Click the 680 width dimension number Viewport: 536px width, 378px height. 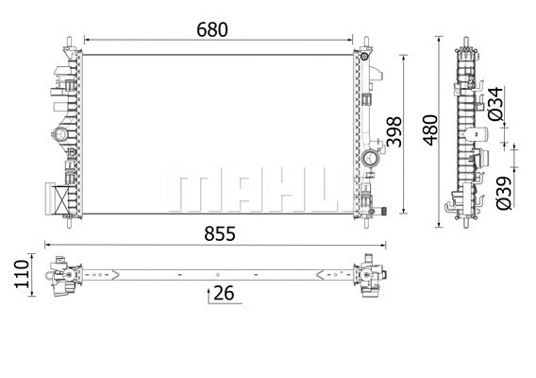point(212,28)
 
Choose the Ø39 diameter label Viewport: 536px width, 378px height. point(504,191)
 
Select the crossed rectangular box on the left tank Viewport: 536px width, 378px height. point(59,199)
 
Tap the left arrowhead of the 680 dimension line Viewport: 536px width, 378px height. point(88,40)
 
